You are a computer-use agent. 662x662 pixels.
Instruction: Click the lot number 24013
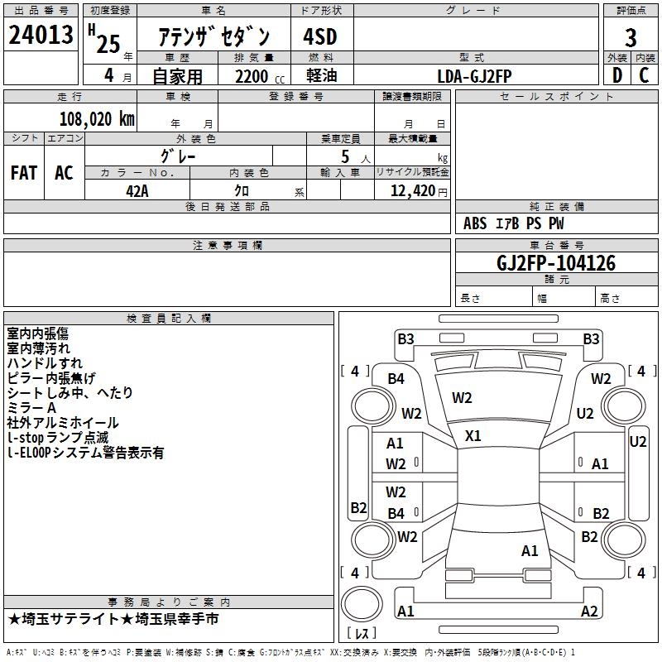(x=41, y=36)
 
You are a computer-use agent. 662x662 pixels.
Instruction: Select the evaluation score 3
(x=631, y=37)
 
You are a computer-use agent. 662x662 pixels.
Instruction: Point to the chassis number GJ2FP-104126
(x=556, y=263)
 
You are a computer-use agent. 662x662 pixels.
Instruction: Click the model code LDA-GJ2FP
(x=474, y=75)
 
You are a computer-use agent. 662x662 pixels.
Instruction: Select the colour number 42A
(x=137, y=189)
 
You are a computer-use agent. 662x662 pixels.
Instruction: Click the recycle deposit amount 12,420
(x=410, y=190)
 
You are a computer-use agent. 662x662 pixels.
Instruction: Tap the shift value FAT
(x=24, y=173)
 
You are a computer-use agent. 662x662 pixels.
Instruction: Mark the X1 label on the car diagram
(x=473, y=435)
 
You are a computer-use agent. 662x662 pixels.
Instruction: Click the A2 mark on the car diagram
(x=589, y=612)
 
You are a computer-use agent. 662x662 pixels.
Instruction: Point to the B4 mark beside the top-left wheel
(x=396, y=378)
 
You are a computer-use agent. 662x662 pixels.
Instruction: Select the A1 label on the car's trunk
(x=530, y=550)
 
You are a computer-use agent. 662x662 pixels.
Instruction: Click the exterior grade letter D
(x=616, y=75)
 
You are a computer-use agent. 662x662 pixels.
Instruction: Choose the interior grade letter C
(x=644, y=75)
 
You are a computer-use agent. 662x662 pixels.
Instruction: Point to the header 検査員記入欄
(x=169, y=319)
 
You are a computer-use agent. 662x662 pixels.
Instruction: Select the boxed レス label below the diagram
(x=361, y=635)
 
